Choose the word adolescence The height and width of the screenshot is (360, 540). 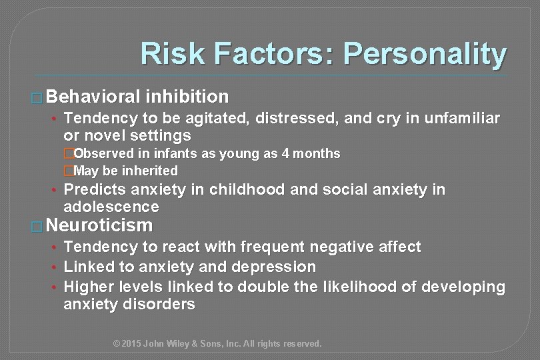point(111,207)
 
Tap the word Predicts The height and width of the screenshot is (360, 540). point(93,190)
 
